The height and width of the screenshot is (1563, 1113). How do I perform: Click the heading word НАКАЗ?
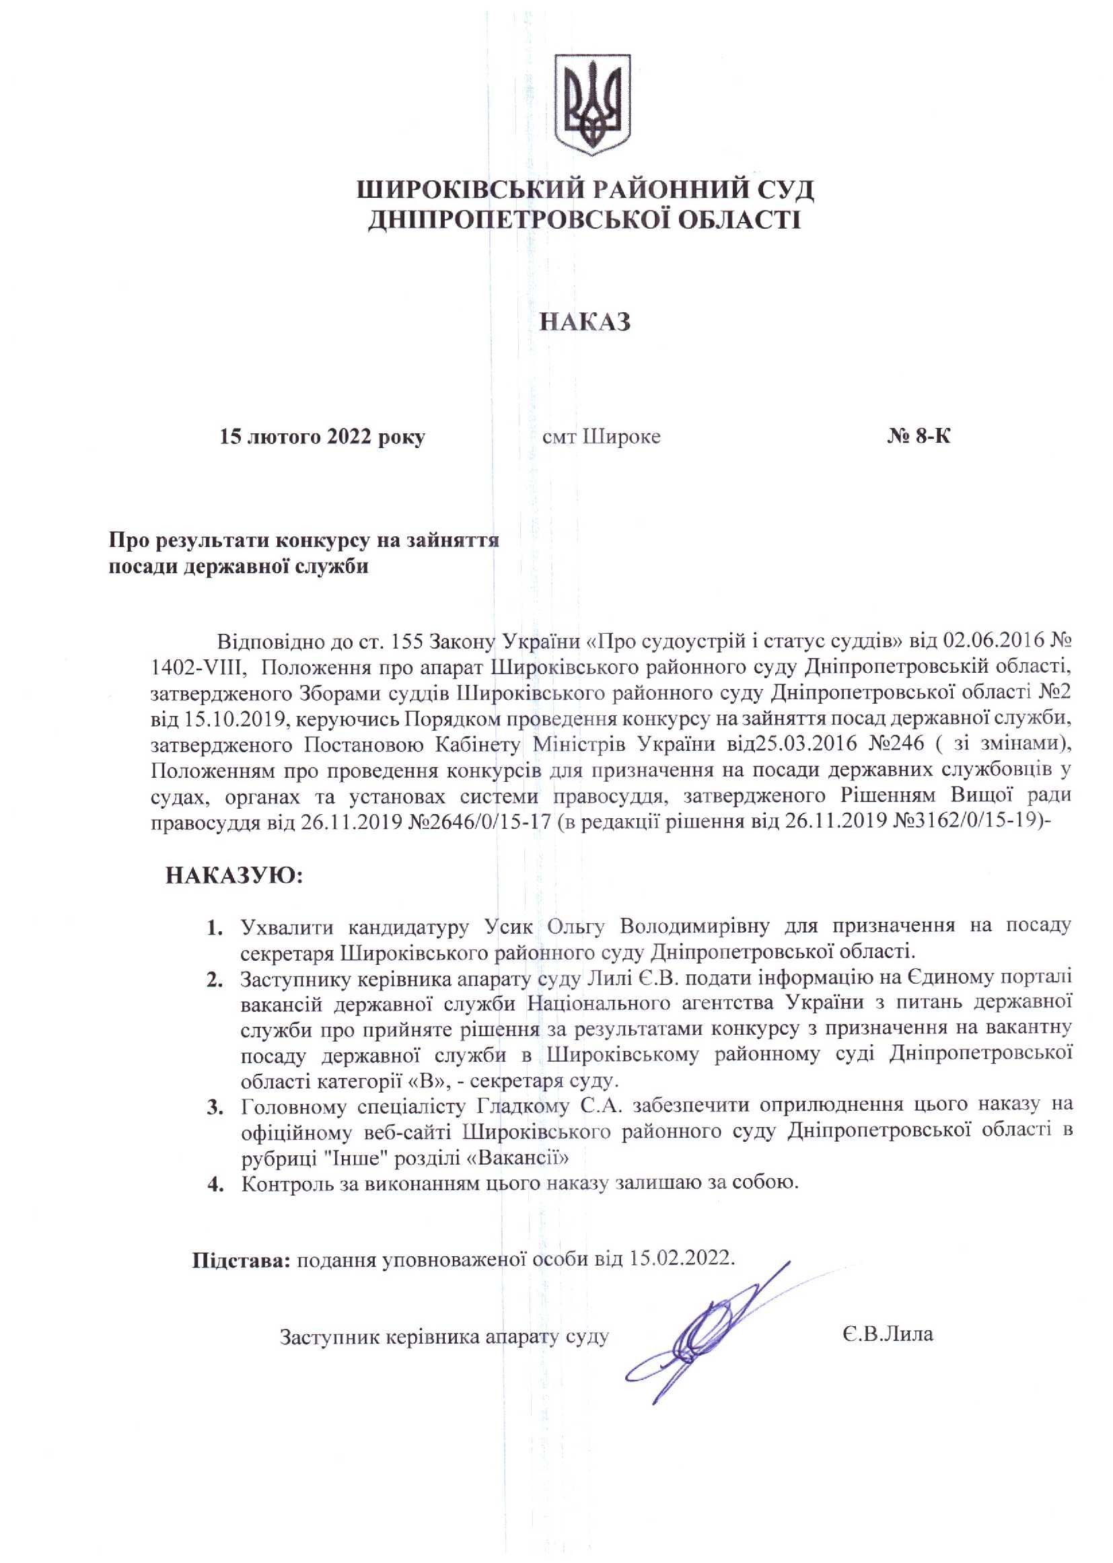coord(585,322)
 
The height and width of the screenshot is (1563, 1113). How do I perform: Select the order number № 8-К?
coord(919,437)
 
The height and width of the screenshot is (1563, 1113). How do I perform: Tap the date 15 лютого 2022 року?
coord(322,437)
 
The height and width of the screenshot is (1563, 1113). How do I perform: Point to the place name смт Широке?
coord(601,437)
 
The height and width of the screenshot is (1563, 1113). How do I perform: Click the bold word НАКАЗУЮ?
coord(234,876)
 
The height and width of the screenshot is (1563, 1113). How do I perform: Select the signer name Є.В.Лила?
coord(888,1334)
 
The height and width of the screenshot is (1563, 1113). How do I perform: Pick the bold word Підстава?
coord(242,1260)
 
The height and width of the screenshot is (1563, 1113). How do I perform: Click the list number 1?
coord(215,929)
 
